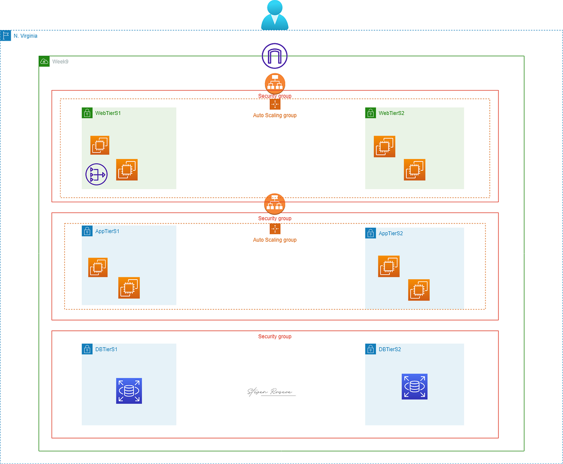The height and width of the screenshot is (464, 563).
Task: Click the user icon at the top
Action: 274,15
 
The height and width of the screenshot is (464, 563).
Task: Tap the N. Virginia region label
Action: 25,36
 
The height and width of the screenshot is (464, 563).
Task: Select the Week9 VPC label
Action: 60,61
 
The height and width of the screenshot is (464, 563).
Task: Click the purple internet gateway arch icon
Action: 274,56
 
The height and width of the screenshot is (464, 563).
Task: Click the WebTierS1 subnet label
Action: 108,113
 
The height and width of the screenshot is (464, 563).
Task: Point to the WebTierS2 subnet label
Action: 391,113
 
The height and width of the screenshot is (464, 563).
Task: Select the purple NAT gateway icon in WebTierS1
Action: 96,175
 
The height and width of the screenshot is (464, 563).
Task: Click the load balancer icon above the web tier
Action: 275,83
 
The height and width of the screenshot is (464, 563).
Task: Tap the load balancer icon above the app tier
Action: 275,204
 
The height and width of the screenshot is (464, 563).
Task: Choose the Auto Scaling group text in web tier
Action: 274,115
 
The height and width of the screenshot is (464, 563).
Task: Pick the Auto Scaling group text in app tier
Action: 274,240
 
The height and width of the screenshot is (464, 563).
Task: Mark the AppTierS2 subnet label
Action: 391,233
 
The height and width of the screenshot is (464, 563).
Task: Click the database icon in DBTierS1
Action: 129,391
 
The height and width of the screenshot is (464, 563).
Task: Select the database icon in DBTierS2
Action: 414,387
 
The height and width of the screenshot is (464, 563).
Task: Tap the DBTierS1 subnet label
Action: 106,350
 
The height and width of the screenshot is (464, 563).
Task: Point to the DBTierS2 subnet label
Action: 389,350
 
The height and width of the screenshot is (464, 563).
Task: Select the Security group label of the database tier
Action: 274,337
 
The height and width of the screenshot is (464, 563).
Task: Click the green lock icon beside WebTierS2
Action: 371,113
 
